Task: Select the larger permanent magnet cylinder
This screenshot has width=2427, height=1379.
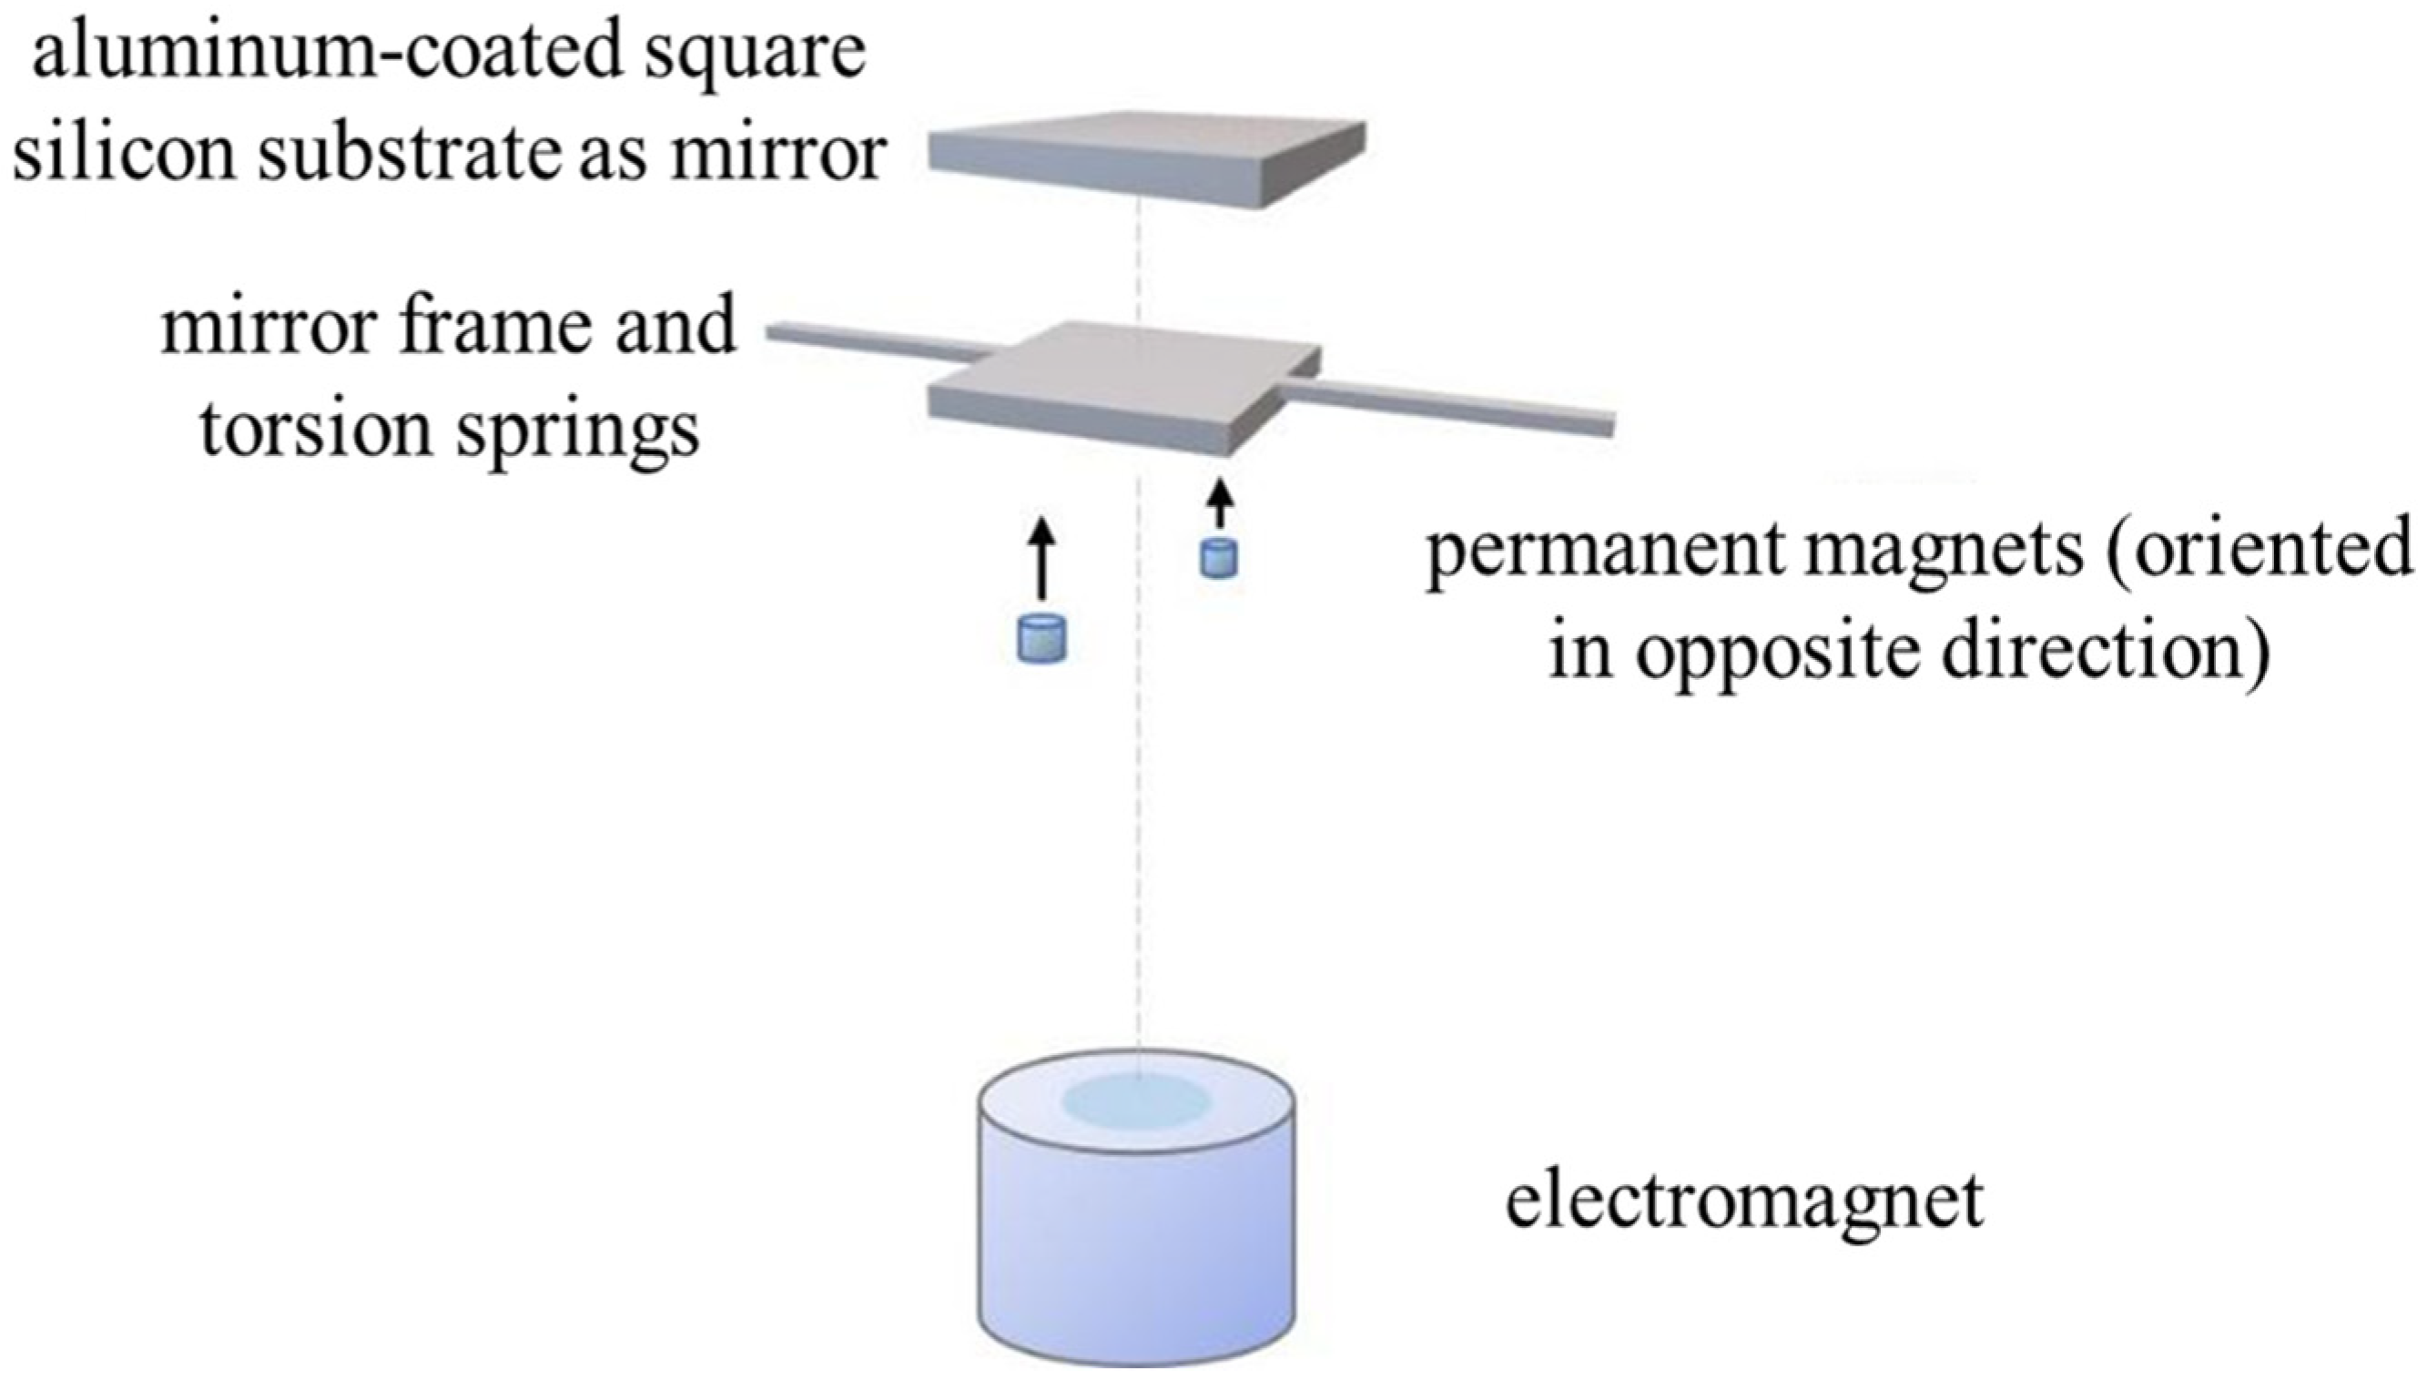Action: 1041,638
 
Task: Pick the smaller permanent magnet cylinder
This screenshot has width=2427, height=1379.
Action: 1219,558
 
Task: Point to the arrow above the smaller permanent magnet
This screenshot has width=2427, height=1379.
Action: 1222,504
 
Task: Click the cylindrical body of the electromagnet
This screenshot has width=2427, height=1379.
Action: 1135,1250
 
